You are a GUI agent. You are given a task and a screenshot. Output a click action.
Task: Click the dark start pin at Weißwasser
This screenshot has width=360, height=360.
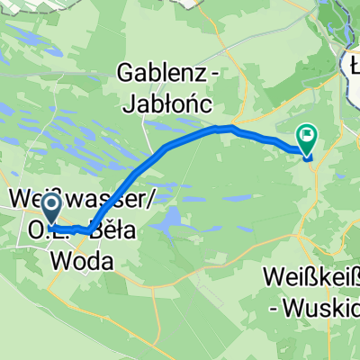51,208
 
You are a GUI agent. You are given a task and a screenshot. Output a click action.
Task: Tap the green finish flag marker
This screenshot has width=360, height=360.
308,138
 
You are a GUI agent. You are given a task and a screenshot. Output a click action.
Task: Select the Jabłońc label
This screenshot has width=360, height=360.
170,105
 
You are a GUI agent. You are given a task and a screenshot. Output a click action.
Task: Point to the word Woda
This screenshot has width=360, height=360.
84,261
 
